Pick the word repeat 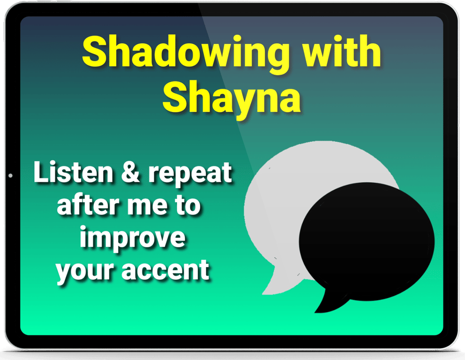pyautogui.click(x=190, y=175)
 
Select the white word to pyautogui.click(x=188, y=205)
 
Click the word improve pyautogui.click(x=132, y=239)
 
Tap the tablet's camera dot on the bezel pyautogui.click(x=11, y=176)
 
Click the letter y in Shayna pyautogui.click(x=239, y=104)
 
